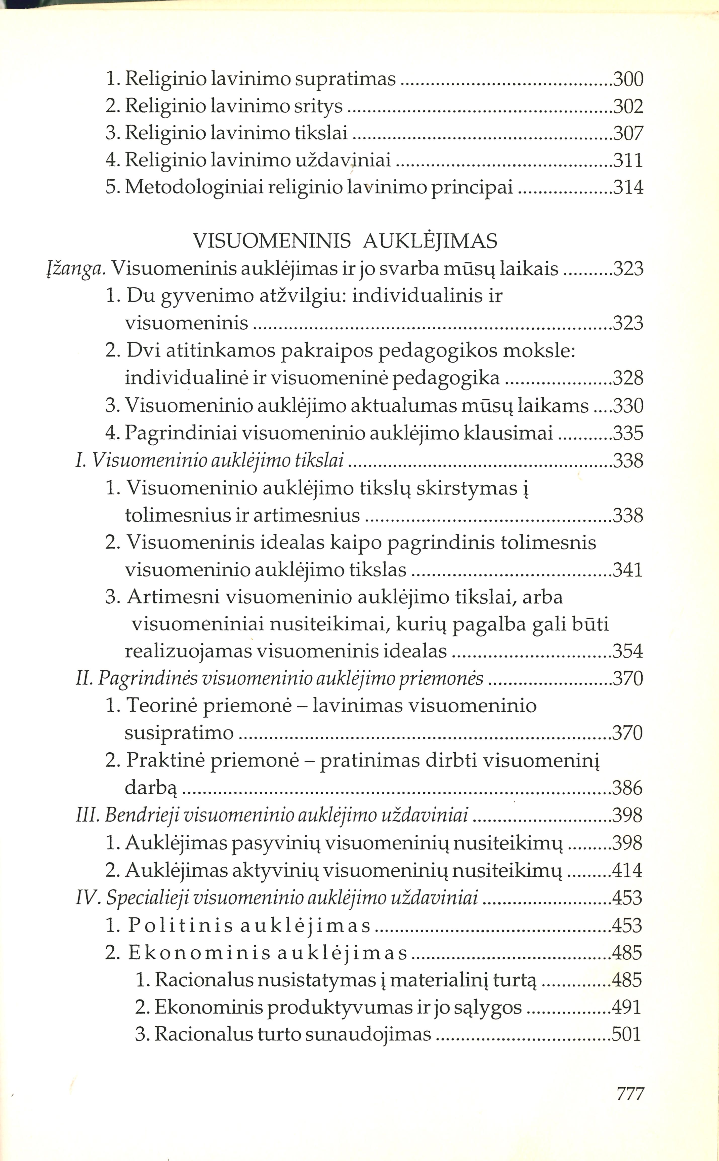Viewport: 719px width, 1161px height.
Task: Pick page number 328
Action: (x=629, y=378)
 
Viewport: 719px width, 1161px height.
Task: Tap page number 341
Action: (x=629, y=570)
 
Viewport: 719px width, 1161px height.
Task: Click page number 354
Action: (x=629, y=651)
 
